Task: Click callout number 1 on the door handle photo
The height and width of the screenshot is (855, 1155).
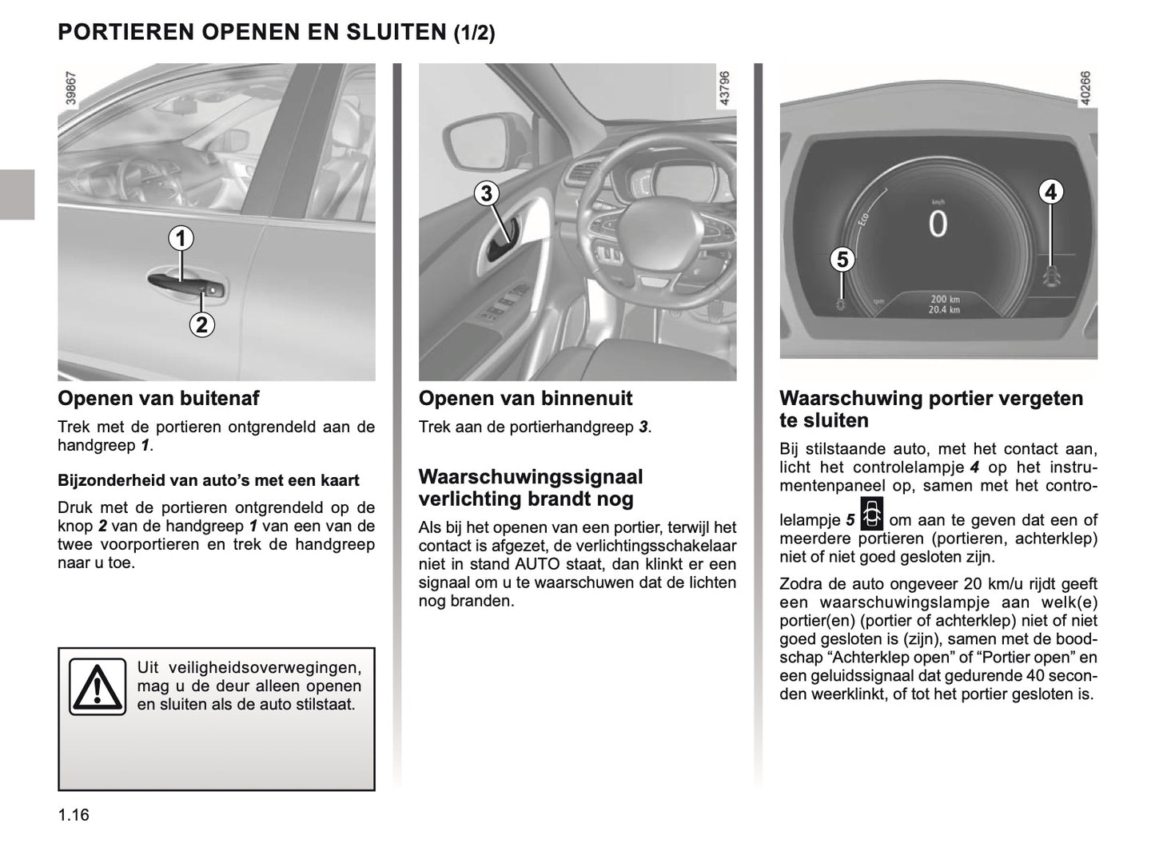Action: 181,237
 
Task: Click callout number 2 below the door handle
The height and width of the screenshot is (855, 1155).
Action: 201,324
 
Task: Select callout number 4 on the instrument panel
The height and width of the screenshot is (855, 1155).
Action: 1050,192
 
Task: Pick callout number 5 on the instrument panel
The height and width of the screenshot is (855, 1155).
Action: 842,259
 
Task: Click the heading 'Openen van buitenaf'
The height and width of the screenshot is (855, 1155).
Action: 158,398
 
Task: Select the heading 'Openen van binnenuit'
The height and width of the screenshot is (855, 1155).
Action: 525,398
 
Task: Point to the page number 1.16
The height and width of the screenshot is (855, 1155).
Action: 74,815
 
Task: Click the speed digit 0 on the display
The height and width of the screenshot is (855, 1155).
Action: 937,225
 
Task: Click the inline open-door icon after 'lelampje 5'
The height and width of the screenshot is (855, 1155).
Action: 872,514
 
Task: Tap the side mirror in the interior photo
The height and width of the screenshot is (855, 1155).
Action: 469,141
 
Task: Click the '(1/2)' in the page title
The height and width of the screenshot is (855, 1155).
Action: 475,33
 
